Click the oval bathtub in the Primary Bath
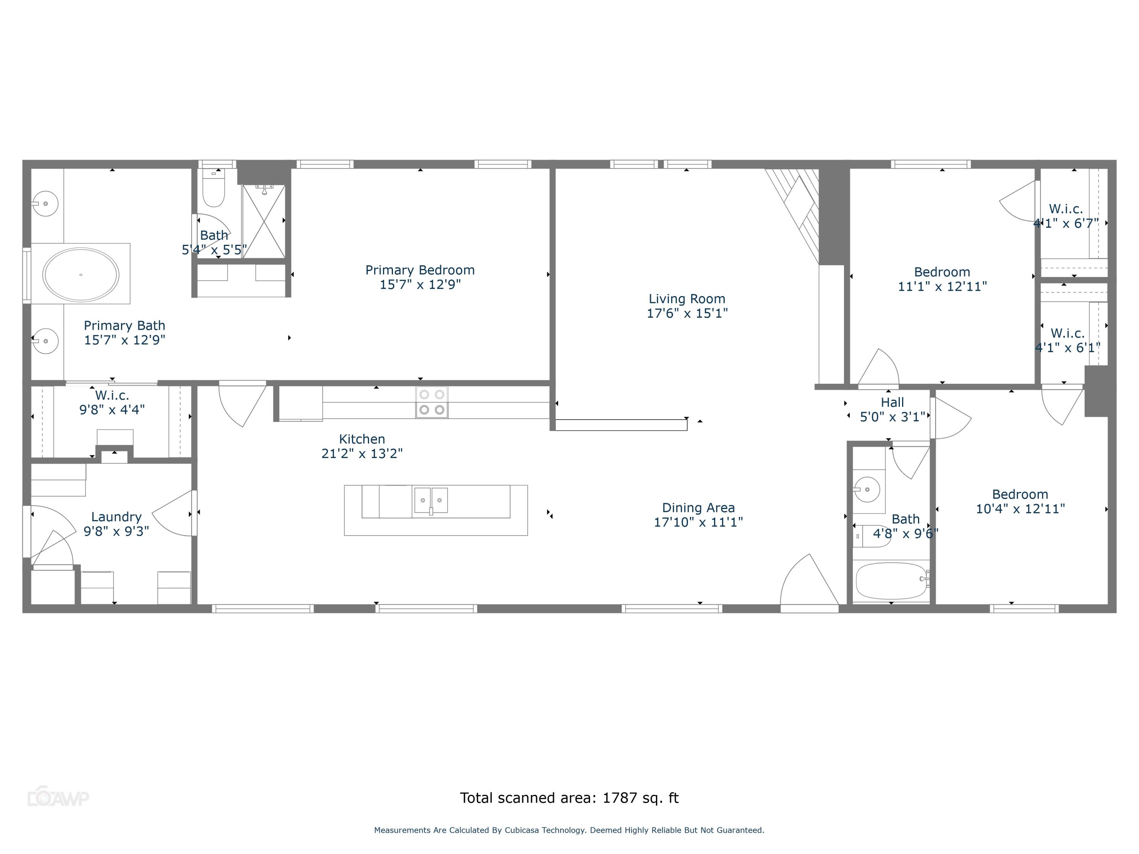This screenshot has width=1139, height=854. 81,274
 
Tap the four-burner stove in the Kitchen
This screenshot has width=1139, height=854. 432,402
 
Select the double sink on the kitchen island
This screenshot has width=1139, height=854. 431,500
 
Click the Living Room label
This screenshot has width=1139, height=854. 687,299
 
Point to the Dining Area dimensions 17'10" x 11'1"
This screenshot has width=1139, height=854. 698,522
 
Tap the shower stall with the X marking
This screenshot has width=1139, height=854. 263,221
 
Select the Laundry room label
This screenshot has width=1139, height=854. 117,517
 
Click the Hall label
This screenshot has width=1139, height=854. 892,403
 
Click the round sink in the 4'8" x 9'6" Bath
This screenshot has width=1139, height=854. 867,489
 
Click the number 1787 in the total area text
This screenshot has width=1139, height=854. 620,798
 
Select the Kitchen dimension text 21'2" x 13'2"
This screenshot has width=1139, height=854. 361,454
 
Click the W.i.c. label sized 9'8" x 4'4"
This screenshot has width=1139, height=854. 112,395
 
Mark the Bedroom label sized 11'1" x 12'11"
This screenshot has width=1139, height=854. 942,272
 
